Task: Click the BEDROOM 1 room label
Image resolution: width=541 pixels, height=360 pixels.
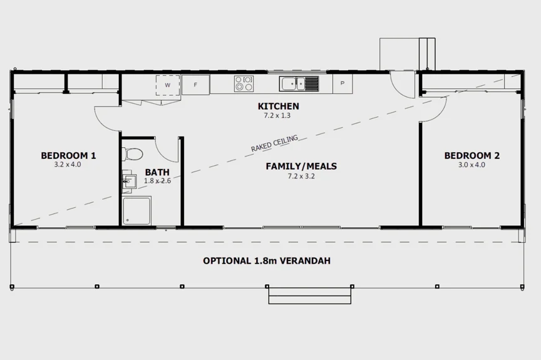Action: tap(68, 155)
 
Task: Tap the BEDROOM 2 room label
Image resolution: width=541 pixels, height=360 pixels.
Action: tap(472, 155)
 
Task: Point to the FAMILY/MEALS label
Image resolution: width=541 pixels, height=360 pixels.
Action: tap(301, 166)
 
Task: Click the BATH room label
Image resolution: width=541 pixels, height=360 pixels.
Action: tap(157, 172)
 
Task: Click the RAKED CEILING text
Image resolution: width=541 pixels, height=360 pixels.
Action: tap(274, 143)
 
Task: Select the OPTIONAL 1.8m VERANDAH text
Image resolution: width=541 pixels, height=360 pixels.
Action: tap(267, 261)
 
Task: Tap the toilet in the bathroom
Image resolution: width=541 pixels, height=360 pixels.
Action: tap(133, 153)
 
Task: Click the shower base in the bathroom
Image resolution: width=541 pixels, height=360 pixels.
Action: tap(137, 210)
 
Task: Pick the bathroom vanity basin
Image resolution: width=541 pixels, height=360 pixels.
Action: tap(130, 182)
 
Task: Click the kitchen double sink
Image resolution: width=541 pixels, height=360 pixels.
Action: tap(299, 83)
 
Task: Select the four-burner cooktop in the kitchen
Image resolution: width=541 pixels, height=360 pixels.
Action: tap(244, 84)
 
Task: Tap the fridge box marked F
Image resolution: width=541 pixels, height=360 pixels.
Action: tap(195, 85)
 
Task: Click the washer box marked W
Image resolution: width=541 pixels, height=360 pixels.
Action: tap(168, 85)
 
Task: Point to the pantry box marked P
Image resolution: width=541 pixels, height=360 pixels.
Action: tap(342, 83)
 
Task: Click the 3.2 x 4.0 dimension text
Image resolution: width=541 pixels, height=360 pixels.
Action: tap(68, 165)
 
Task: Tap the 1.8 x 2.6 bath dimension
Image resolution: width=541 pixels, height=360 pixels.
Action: tap(157, 181)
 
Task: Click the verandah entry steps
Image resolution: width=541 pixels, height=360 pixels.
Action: tap(309, 295)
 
